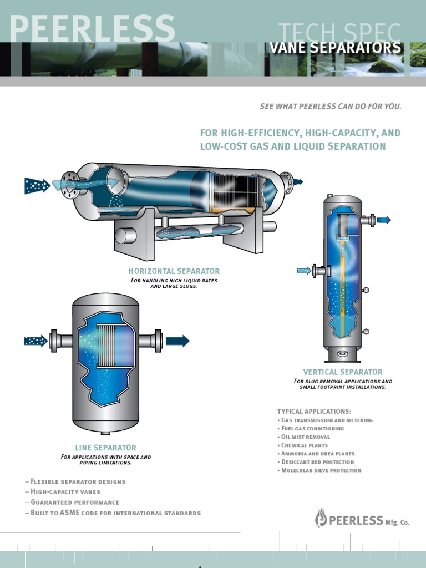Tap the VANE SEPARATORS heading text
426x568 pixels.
(x=334, y=48)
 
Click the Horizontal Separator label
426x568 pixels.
(x=174, y=271)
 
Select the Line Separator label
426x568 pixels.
(x=105, y=448)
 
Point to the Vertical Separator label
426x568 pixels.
(x=342, y=372)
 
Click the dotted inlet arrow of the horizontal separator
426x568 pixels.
(x=37, y=185)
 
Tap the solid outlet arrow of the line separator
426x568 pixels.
(x=177, y=341)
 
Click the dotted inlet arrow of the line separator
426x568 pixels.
(x=36, y=341)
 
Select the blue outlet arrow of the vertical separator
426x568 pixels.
(x=384, y=220)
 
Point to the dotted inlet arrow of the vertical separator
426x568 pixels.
(x=304, y=271)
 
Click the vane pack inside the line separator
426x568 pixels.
(x=115, y=345)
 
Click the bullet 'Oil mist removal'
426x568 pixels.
(x=305, y=437)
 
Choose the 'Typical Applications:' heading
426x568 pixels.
(x=314, y=411)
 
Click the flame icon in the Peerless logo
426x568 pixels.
(x=321, y=518)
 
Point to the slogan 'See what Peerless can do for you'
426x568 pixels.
(x=330, y=106)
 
